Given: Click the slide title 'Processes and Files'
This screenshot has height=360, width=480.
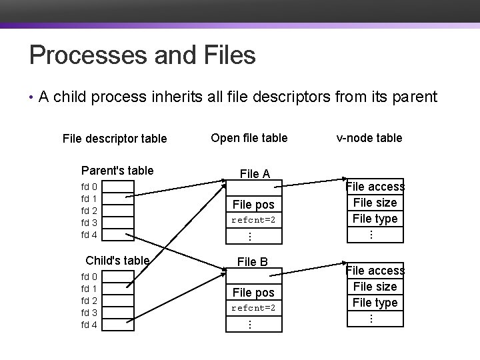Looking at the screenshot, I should pyautogui.click(x=142, y=55).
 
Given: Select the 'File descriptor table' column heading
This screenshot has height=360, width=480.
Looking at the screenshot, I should pyautogui.click(x=114, y=139).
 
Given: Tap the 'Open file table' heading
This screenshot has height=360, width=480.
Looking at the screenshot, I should pyautogui.click(x=249, y=138).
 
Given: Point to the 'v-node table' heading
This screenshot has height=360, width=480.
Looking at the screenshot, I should pyautogui.click(x=369, y=138).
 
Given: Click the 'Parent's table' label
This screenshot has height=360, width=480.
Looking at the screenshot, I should pyautogui.click(x=117, y=171).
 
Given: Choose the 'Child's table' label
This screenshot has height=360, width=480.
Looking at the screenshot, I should pyautogui.click(x=117, y=260).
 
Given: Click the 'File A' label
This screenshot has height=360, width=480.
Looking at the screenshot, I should pyautogui.click(x=255, y=174).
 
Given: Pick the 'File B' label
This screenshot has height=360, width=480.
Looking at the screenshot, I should pyautogui.click(x=253, y=262).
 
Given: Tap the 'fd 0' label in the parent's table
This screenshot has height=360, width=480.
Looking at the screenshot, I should pyautogui.click(x=89, y=187).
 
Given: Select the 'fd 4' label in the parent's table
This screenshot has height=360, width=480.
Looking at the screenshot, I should pyautogui.click(x=89, y=235).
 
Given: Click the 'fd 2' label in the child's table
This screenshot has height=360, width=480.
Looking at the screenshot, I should pyautogui.click(x=89, y=301).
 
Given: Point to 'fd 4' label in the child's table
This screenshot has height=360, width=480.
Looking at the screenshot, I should pyautogui.click(x=89, y=325).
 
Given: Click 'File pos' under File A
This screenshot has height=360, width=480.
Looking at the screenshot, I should pyautogui.click(x=253, y=205).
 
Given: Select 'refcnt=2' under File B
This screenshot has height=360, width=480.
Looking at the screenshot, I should pyautogui.click(x=253, y=309).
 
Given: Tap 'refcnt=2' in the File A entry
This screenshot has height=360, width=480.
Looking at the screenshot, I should pyautogui.click(x=253, y=220).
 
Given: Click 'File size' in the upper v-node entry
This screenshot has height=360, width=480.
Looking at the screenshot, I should pyautogui.click(x=375, y=203).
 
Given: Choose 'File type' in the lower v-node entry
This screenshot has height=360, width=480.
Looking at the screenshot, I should pyautogui.click(x=375, y=303).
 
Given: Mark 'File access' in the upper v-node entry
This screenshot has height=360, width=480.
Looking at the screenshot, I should pyautogui.click(x=375, y=187).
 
